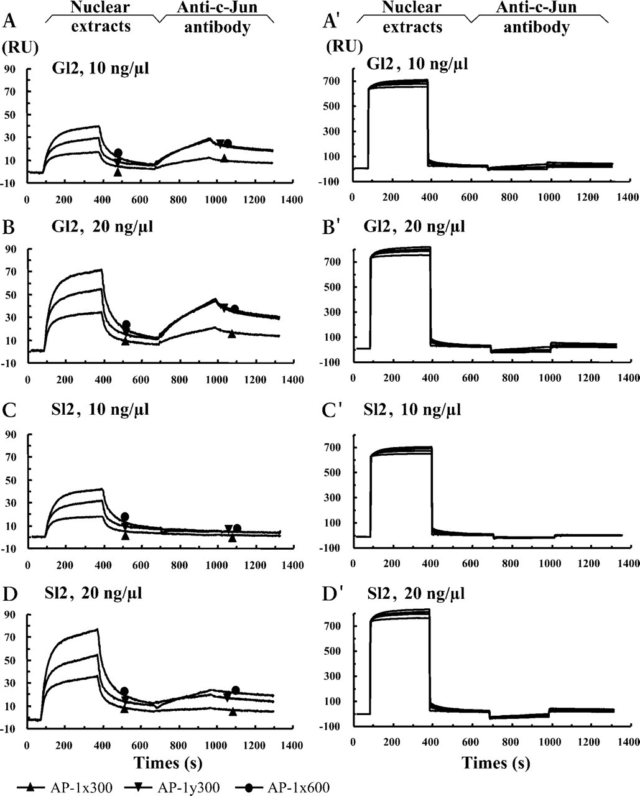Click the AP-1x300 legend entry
(64, 787)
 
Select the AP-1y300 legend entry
(172, 787)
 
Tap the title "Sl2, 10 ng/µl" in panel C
(100, 409)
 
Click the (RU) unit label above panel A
(20, 48)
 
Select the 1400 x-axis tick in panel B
(292, 379)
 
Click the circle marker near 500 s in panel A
(118, 152)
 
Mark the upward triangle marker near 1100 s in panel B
(232, 334)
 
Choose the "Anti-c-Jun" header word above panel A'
(536, 7)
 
